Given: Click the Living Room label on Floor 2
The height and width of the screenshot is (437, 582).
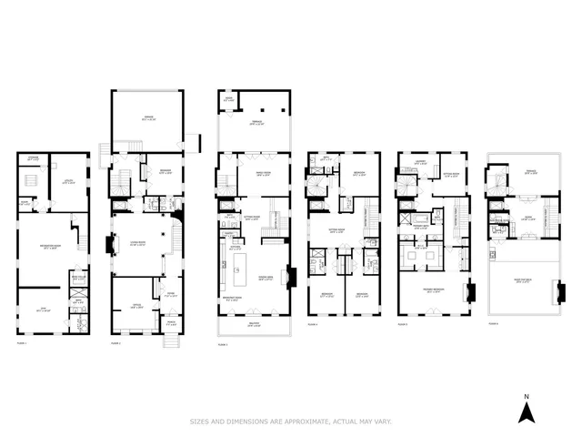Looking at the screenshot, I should pyautogui.click(x=138, y=244).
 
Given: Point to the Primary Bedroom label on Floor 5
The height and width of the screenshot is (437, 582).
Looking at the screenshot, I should pyautogui.click(x=432, y=291).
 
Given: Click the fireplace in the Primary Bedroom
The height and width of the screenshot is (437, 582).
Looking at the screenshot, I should pyautogui.click(x=470, y=293).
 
